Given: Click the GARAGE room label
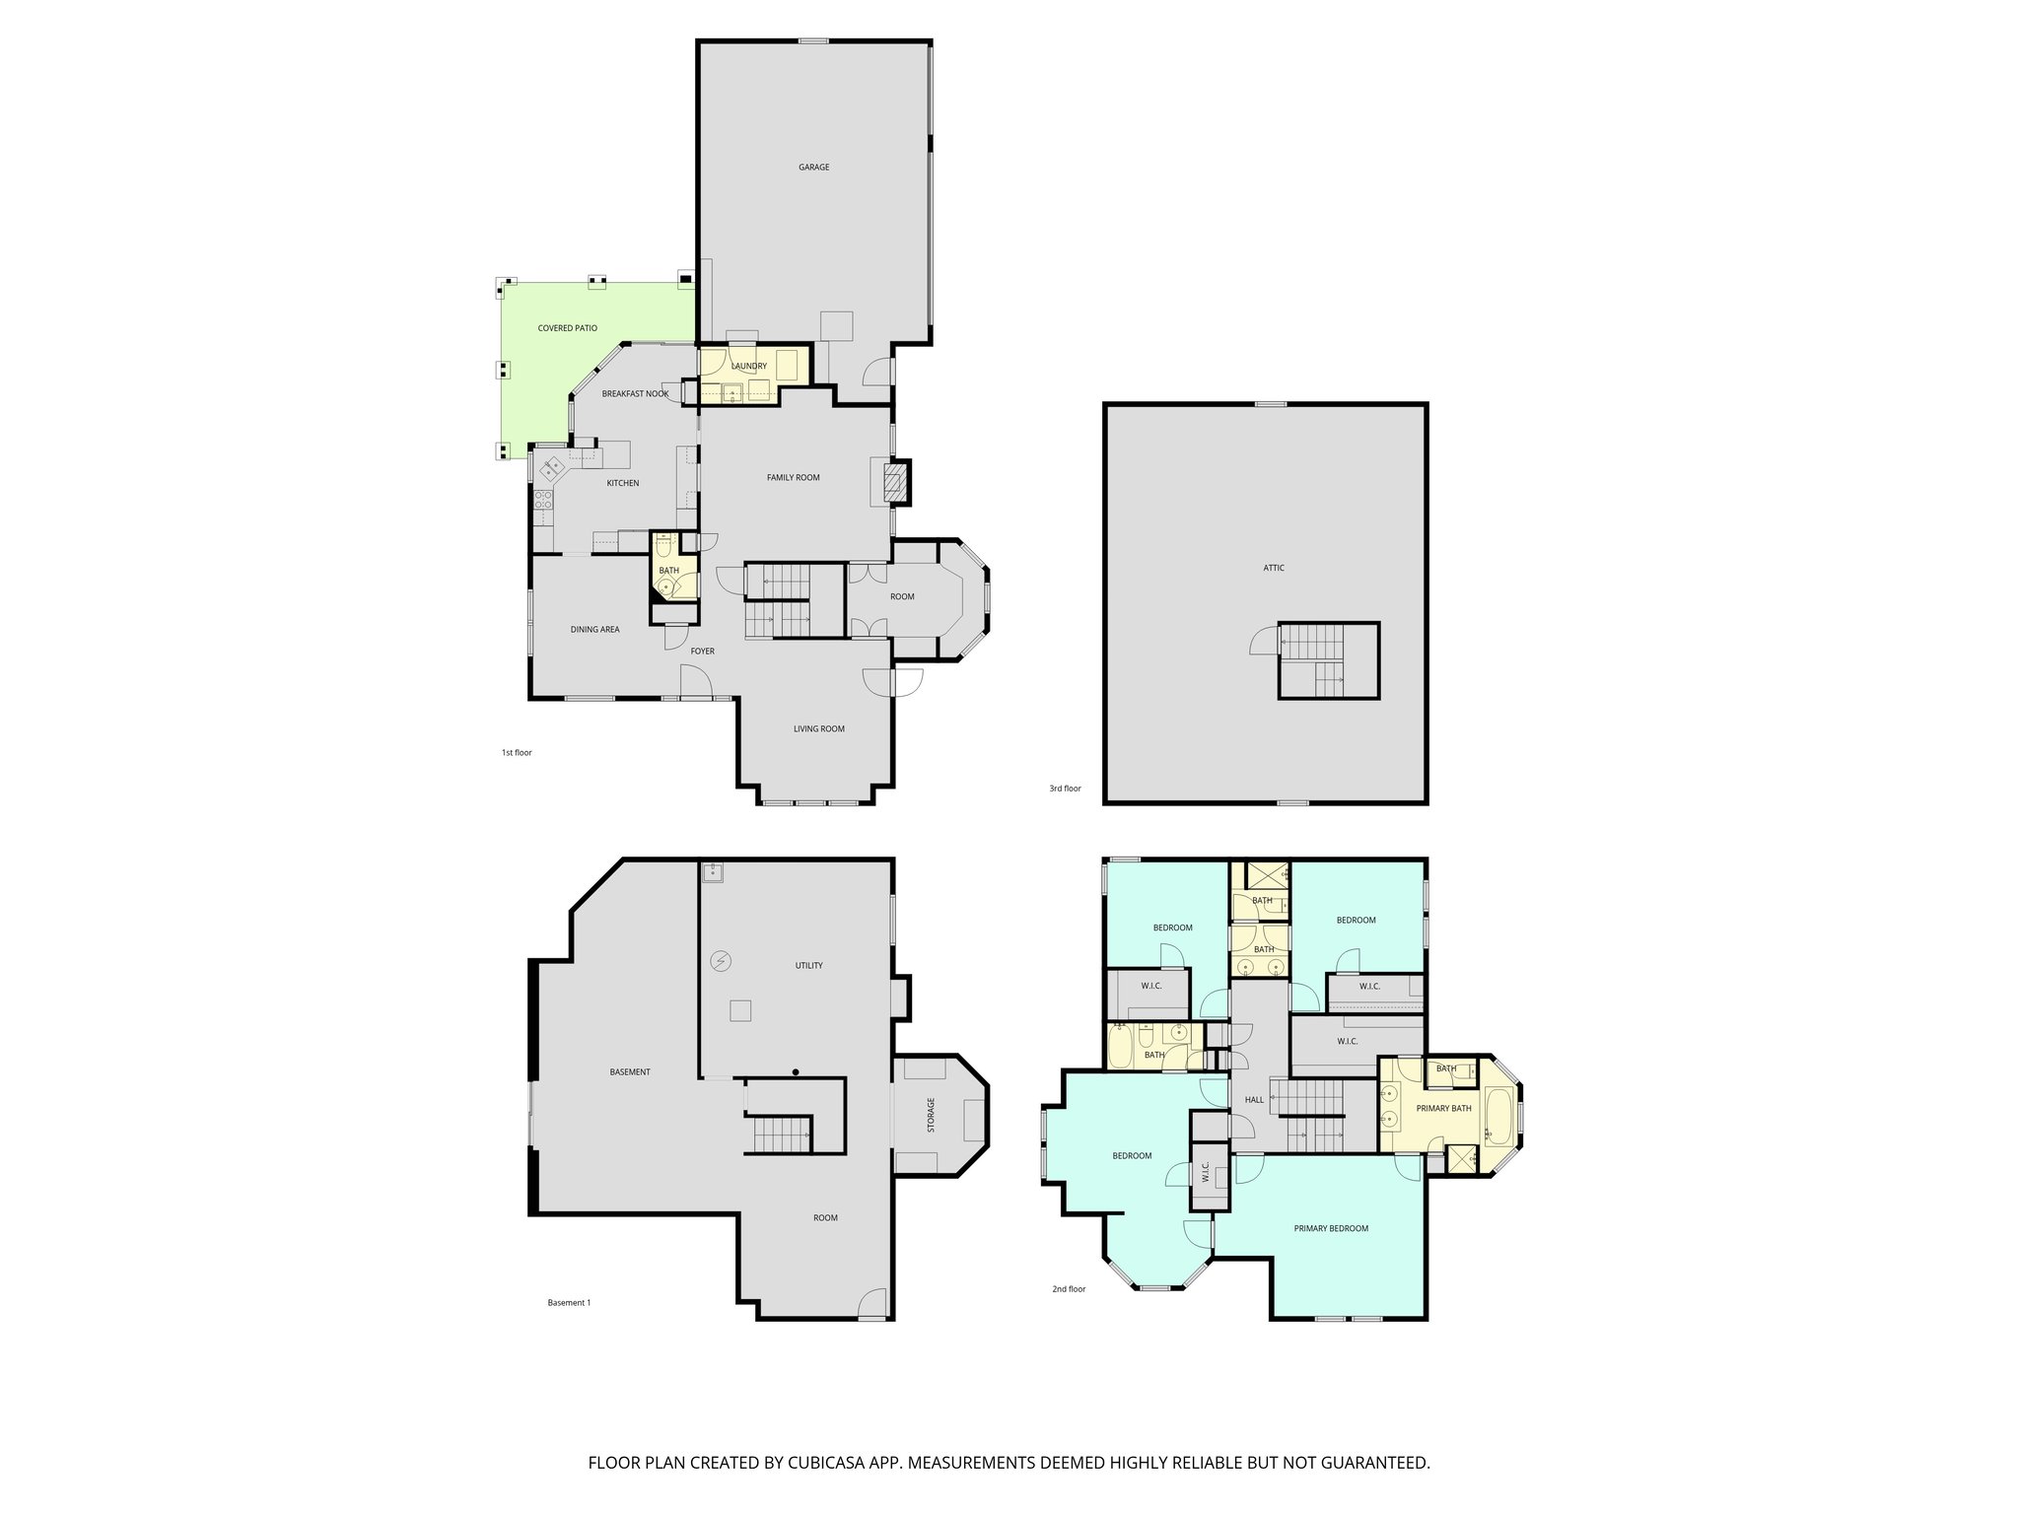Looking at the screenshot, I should coord(813,168).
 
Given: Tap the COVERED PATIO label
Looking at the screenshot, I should coord(567,328).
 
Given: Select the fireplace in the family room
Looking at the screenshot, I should coord(894,481).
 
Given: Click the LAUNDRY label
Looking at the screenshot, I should coord(749,367).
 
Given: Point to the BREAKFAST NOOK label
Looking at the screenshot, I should coord(635,394).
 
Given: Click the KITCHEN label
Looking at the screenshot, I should coord(622,483).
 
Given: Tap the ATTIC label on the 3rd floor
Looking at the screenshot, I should coord(1274,568).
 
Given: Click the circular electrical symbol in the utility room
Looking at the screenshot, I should coord(721,961).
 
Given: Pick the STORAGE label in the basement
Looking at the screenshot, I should coord(931,1115).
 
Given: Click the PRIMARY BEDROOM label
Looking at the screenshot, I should coord(1331,1228).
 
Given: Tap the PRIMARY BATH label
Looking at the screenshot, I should coord(1443,1108).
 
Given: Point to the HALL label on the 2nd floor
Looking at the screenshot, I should coord(1254,1100).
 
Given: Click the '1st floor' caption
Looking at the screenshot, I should coord(517,753).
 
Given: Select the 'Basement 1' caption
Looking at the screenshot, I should coord(569,1302).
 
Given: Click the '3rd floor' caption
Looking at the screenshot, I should coord(1065,789).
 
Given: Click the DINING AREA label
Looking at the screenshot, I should coord(594,629).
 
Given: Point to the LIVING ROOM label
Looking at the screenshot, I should coord(818,729).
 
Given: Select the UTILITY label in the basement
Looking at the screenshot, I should coord(808,966).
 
